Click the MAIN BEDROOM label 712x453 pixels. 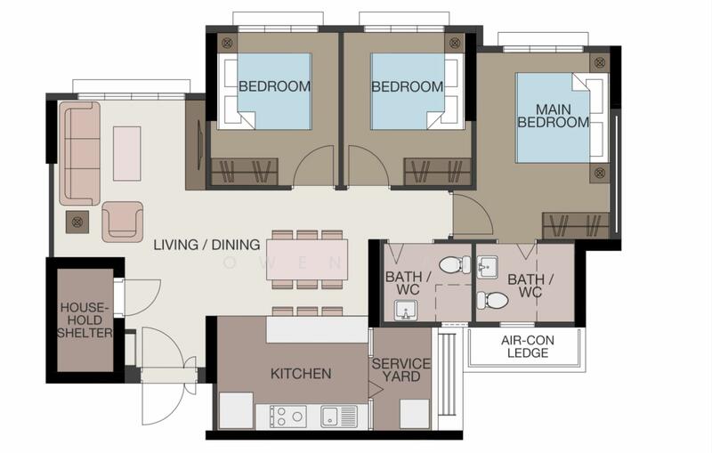point(553,116)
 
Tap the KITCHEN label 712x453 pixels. point(301,374)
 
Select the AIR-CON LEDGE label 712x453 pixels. point(528,346)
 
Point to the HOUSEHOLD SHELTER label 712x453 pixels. point(85,320)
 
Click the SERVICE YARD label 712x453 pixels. point(401,370)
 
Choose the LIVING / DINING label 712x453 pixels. point(206,245)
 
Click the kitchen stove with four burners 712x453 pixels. point(287,417)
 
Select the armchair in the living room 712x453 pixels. point(123,222)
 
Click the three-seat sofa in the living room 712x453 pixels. point(79,153)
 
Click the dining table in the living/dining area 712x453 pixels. point(307,260)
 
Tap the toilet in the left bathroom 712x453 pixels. point(455,264)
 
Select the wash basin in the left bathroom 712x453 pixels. point(406,310)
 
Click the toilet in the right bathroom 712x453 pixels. point(492,300)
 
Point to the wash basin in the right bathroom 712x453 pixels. point(487,267)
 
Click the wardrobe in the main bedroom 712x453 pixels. point(575,225)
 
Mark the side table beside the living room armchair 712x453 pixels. point(77,222)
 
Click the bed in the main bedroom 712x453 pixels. point(562,117)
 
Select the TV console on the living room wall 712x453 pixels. point(196,145)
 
